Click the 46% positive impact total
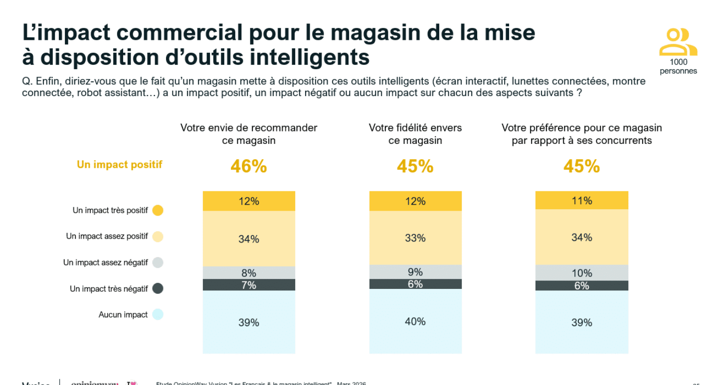pyautogui.click(x=248, y=167)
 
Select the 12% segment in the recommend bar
pyautogui.click(x=249, y=201)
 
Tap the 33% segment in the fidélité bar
pyautogui.click(x=415, y=238)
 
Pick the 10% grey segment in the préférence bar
pyautogui.click(x=581, y=273)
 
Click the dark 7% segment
pyautogui.click(x=249, y=285)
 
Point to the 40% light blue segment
pyautogui.click(x=415, y=322)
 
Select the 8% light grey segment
pyautogui.click(x=249, y=273)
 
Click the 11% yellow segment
pyautogui.click(x=581, y=201)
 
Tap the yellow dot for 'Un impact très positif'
pyautogui.click(x=158, y=211)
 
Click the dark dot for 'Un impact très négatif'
pyautogui.click(x=158, y=289)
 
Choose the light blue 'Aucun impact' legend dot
pyautogui.click(x=158, y=315)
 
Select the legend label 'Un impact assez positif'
pyautogui.click(x=107, y=237)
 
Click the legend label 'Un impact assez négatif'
pyautogui.click(x=105, y=262)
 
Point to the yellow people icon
pyautogui.click(x=678, y=43)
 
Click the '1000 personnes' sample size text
pyautogui.click(x=678, y=67)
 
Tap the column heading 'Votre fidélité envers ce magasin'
pyautogui.click(x=415, y=134)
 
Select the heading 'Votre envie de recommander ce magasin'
pyautogui.click(x=249, y=134)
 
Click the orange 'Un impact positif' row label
pyautogui.click(x=120, y=165)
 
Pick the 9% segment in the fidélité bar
pyautogui.click(x=415, y=272)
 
